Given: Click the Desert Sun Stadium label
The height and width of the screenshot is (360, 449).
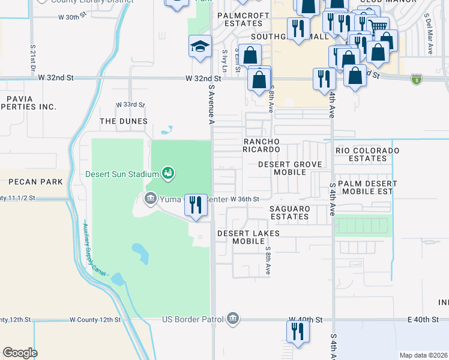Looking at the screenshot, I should [121, 174].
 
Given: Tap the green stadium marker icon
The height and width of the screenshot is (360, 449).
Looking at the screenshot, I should [168, 174].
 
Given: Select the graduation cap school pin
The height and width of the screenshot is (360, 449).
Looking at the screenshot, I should [199, 46].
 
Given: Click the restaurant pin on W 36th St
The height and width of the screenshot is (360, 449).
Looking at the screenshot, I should [196, 205].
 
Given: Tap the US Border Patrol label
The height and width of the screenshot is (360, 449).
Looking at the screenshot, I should [192, 319].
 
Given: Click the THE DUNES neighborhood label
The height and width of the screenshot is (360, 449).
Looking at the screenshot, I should [124, 121].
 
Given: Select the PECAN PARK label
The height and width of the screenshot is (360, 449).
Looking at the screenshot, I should [31, 182].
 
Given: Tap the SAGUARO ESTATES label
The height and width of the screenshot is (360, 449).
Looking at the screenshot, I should [289, 212].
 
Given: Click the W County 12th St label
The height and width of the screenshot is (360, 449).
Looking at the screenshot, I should [95, 320].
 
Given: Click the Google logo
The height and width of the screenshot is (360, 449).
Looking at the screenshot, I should [20, 352].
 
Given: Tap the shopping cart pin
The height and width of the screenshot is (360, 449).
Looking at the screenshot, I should [378, 26].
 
